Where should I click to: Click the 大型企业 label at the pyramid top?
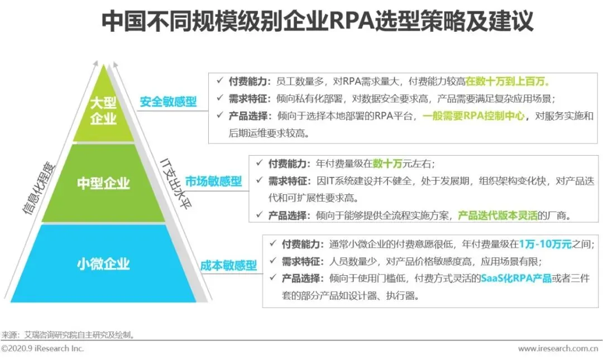pyautogui.click(x=103, y=111)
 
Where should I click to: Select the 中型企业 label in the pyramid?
pyautogui.click(x=103, y=183)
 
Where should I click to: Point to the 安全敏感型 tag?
pyautogui.click(x=168, y=102)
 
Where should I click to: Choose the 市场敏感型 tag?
pyautogui.click(x=214, y=181)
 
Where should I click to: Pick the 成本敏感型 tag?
pyautogui.click(x=229, y=265)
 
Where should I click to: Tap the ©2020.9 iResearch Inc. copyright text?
pyautogui.click(x=42, y=348)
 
